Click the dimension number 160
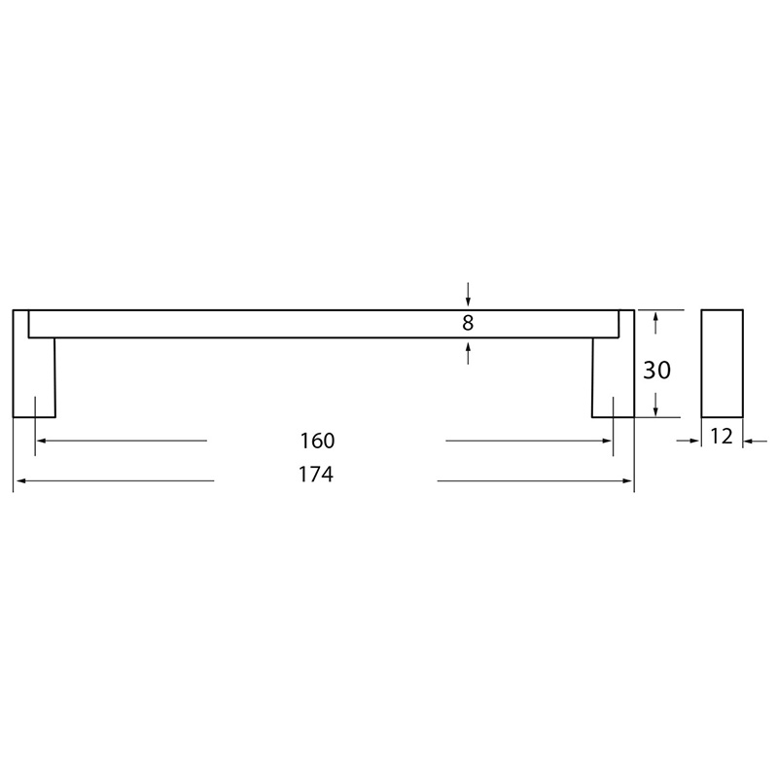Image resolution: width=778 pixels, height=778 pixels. (318, 441)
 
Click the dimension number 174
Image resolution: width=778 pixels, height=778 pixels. (316, 475)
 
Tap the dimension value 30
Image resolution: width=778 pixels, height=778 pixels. (657, 371)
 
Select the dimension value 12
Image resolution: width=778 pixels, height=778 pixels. (722, 437)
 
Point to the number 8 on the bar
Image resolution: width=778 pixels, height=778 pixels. (468, 323)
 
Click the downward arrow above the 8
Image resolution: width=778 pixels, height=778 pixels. (468, 295)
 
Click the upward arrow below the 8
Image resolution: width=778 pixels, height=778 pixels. (468, 353)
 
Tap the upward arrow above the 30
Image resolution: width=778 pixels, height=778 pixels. (655, 323)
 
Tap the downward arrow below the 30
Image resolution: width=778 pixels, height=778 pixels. (655, 405)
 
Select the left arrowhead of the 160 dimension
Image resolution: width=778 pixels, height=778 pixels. (42, 441)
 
